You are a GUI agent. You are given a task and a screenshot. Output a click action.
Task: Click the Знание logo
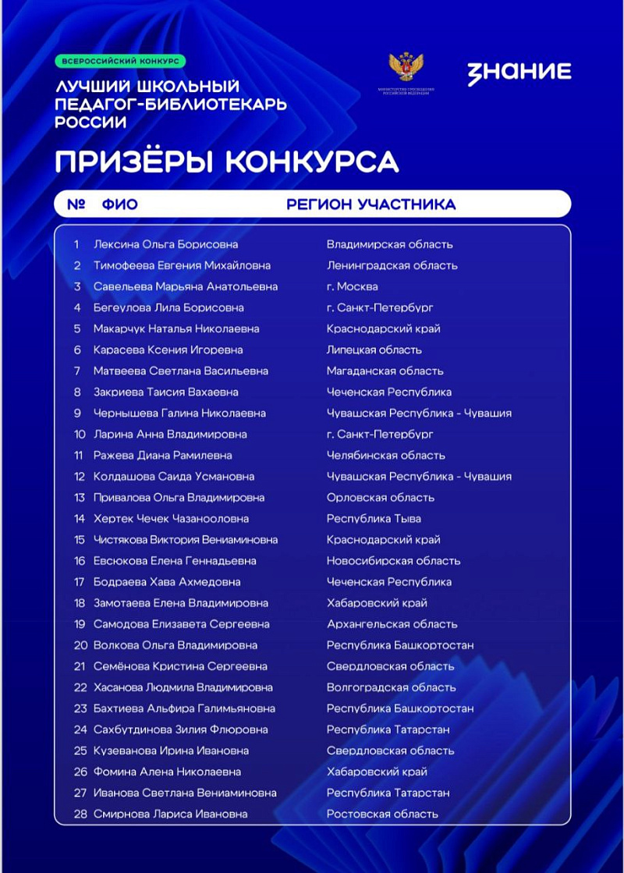[519, 73]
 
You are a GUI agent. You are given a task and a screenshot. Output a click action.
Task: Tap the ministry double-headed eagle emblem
[406, 68]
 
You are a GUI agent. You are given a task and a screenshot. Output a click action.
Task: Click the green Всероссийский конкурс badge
[120, 60]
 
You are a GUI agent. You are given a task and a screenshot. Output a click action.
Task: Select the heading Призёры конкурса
[226, 161]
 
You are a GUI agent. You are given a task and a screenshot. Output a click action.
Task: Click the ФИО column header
[119, 204]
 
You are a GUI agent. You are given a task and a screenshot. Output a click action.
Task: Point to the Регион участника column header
[371, 204]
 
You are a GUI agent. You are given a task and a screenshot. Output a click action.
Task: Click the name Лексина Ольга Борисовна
[165, 244]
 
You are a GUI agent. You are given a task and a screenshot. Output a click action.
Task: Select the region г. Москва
[353, 286]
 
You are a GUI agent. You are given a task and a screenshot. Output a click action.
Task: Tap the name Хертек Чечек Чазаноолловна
[171, 518]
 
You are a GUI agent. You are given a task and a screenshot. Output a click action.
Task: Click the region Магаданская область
[385, 371]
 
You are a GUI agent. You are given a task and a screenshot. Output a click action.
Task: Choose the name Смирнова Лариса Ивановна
[170, 814]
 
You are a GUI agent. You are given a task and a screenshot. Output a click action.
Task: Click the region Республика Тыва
[374, 518]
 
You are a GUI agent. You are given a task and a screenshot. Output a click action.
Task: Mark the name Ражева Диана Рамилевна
[162, 455]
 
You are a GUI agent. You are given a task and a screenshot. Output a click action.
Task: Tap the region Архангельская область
[392, 624]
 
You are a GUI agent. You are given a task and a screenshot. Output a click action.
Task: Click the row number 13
[80, 497]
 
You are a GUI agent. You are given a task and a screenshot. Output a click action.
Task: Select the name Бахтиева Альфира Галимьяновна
[184, 708]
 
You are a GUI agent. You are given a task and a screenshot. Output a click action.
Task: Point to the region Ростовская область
[382, 814]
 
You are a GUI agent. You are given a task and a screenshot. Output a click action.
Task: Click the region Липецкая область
[374, 350]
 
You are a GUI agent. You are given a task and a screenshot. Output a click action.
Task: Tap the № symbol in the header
[76, 204]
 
